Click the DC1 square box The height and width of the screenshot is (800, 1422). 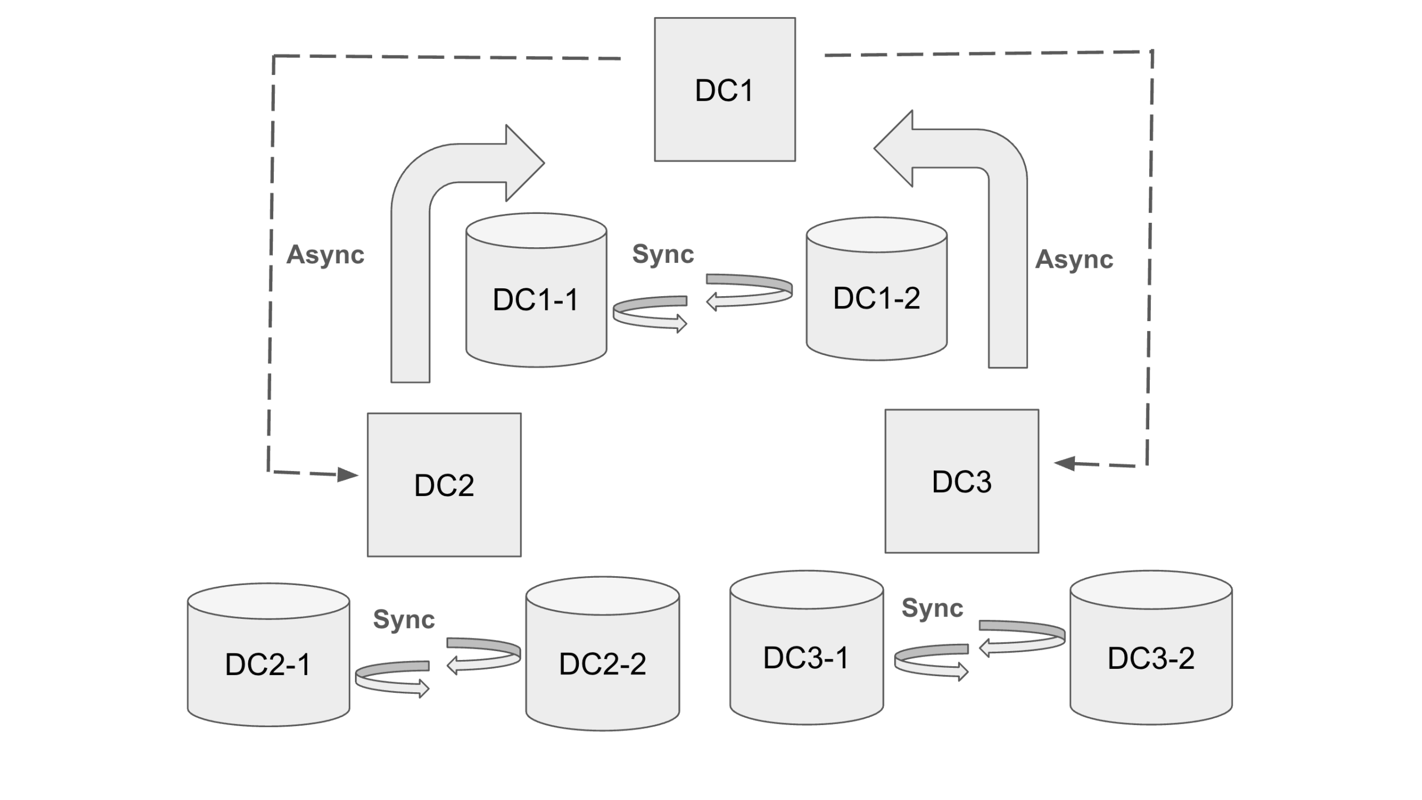pos(724,89)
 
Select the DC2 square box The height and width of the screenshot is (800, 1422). pos(444,484)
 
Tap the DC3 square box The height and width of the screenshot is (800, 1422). pos(962,481)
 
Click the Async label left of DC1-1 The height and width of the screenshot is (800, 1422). pos(326,255)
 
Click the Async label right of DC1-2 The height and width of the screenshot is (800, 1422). pos(1074,259)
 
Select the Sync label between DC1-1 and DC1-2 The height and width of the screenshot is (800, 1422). pos(663,254)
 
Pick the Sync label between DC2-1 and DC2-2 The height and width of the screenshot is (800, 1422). pos(404,619)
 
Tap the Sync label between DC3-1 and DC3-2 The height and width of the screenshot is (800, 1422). pos(932,608)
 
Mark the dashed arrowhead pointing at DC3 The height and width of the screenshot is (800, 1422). pos(1064,463)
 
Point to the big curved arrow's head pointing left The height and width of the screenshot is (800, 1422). pos(894,148)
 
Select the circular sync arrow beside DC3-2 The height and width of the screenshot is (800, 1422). pos(1023,637)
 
